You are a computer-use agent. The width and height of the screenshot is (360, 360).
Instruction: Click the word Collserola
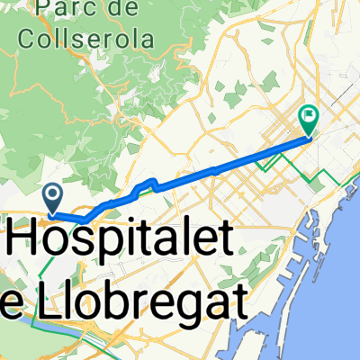[85, 40]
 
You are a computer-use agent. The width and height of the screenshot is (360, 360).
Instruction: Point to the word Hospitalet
[124, 241]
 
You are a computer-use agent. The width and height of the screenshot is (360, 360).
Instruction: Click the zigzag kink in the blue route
[148, 186]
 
